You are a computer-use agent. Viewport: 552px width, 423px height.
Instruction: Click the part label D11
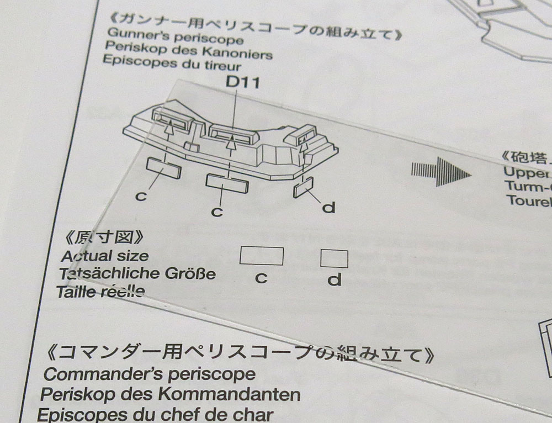point(243,83)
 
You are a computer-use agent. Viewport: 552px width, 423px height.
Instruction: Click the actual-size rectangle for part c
point(262,256)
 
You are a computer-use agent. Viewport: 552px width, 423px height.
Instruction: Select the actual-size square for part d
point(334,258)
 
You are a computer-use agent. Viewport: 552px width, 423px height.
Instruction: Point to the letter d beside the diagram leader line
point(329,208)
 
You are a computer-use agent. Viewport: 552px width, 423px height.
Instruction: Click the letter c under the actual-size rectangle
point(261,278)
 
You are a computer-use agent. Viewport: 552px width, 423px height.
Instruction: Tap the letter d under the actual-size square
point(334,280)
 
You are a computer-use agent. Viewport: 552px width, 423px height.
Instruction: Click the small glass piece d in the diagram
point(304,187)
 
